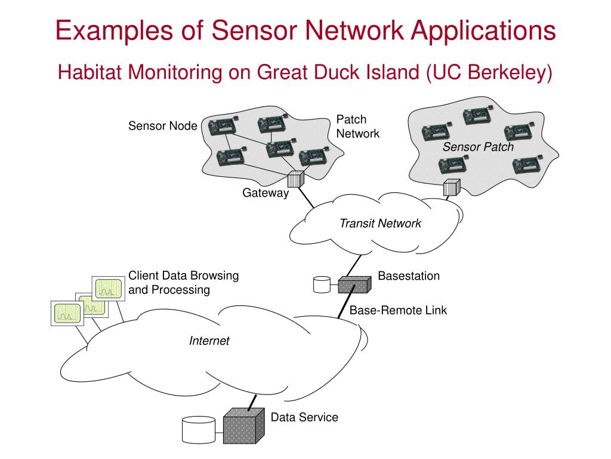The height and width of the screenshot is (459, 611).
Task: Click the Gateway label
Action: click(x=266, y=193)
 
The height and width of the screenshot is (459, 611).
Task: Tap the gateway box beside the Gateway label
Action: click(x=296, y=179)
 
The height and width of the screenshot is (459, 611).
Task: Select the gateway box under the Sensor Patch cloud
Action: click(x=452, y=187)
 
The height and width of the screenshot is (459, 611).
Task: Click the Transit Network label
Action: click(x=380, y=224)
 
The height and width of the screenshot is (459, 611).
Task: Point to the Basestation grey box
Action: click(x=354, y=284)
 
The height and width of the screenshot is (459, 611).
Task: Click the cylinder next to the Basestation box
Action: click(x=322, y=284)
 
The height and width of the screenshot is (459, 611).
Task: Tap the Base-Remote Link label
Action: click(x=398, y=310)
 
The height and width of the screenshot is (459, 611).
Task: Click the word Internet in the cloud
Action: click(x=209, y=341)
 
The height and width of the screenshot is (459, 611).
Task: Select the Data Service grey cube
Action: click(x=244, y=426)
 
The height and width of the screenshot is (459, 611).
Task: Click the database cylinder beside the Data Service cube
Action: click(x=199, y=430)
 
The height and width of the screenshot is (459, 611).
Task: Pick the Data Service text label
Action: click(x=304, y=417)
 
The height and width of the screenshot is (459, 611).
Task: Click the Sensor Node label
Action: click(x=162, y=126)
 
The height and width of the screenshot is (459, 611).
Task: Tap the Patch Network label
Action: click(x=358, y=127)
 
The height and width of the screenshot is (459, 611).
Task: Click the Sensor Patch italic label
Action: click(x=478, y=147)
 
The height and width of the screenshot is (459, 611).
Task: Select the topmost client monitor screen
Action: click(x=109, y=289)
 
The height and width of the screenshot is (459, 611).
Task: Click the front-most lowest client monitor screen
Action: click(x=67, y=313)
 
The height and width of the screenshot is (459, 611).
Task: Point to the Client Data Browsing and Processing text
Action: click(x=184, y=283)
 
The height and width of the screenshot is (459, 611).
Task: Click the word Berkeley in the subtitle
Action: click(x=510, y=72)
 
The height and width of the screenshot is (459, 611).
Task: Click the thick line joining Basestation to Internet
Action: click(x=345, y=302)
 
